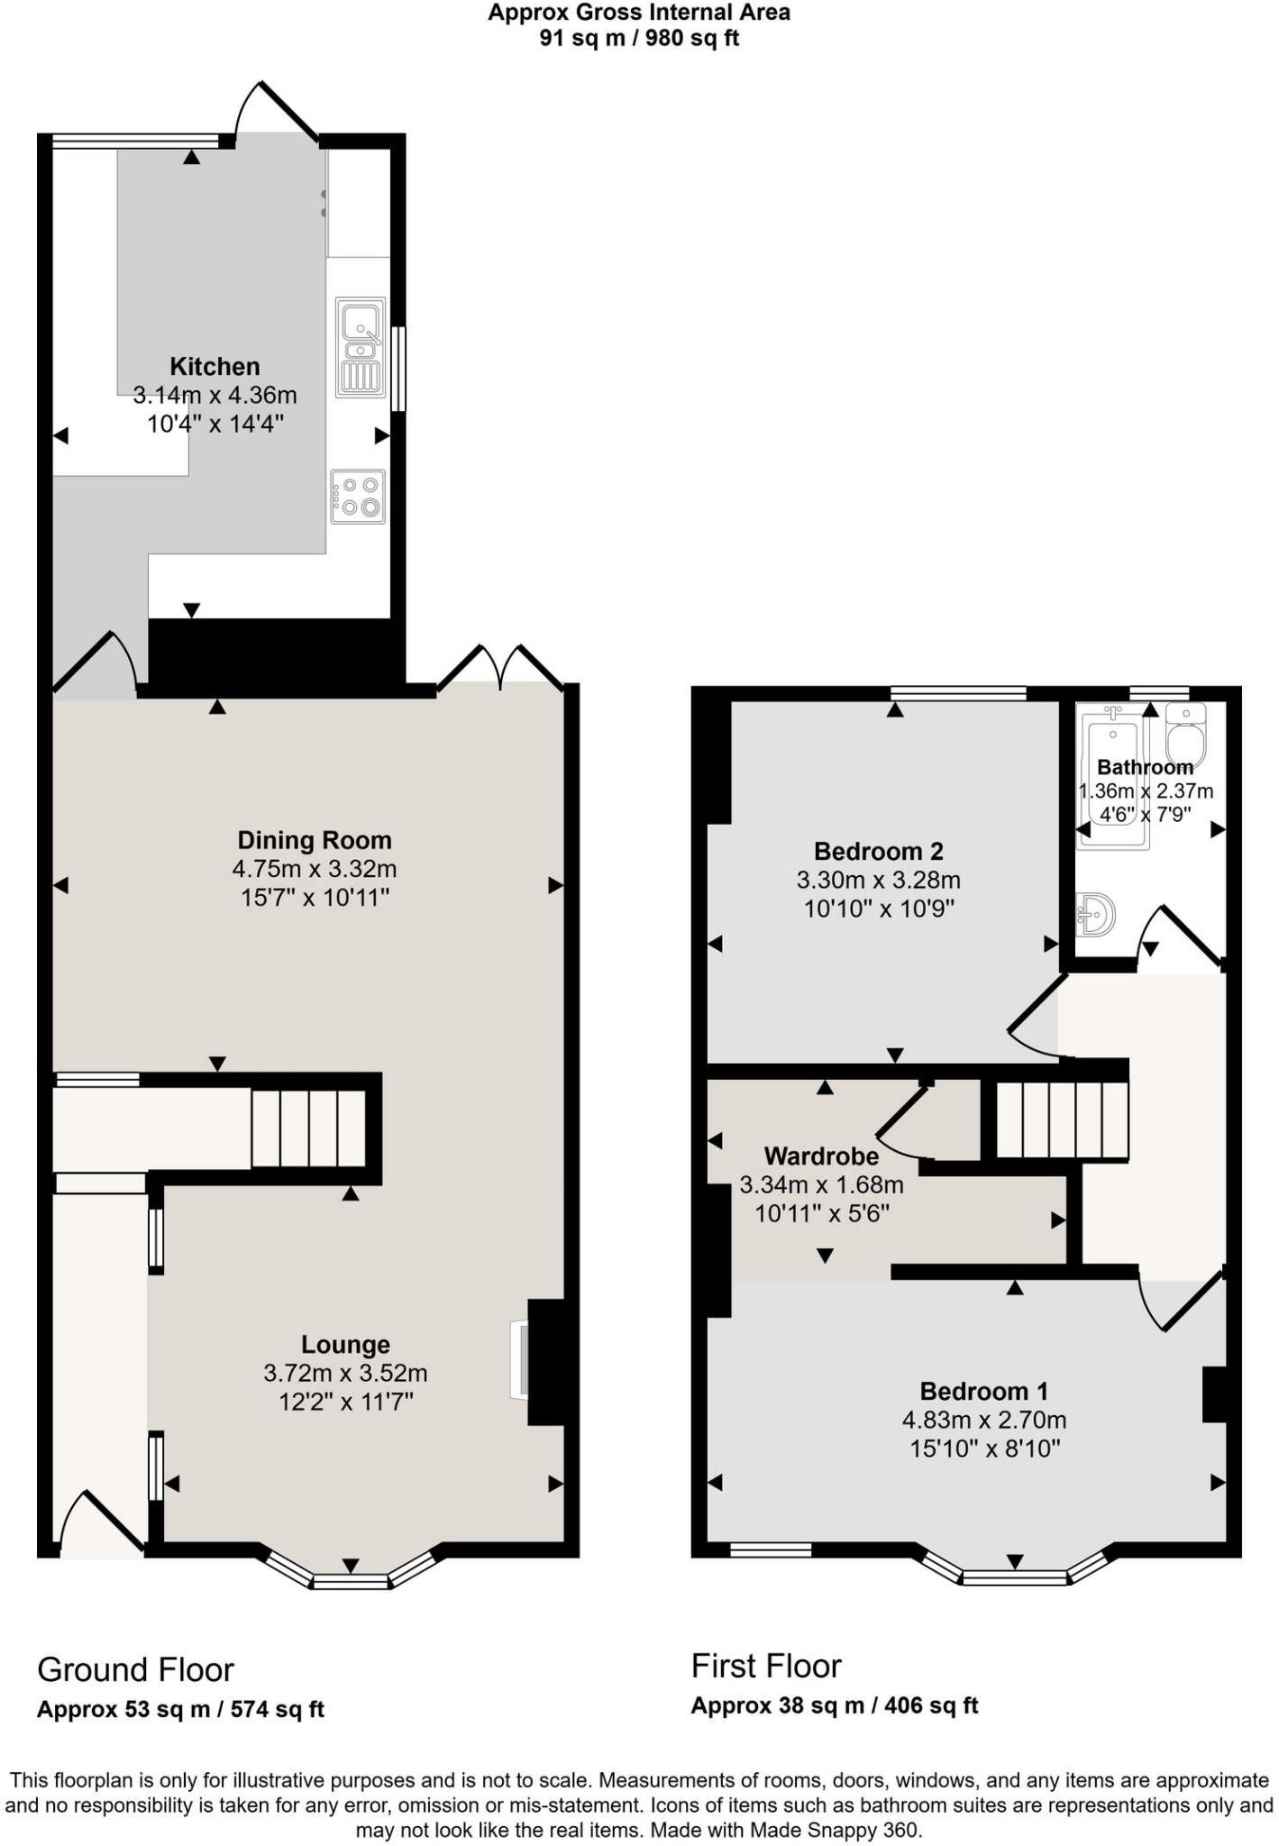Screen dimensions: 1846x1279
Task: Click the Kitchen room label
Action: click(215, 366)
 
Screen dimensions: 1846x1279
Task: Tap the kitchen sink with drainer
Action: click(361, 347)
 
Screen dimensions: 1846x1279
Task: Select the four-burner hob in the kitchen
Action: click(358, 496)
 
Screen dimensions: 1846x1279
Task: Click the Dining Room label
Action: click(314, 840)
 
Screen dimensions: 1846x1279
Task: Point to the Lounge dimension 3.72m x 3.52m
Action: click(345, 1373)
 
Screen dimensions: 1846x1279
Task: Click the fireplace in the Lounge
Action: click(521, 1360)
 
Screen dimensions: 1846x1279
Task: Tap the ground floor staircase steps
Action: click(308, 1129)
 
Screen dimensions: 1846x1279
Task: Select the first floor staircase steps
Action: click(1062, 1119)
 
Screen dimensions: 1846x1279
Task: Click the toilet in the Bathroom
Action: click(1185, 736)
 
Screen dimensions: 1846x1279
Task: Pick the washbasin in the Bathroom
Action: click(1096, 915)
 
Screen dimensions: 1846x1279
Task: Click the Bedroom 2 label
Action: click(878, 851)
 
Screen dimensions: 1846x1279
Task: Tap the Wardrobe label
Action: click(821, 1156)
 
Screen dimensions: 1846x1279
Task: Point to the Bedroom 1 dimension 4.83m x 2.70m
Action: click(984, 1420)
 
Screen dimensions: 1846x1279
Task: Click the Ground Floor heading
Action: click(135, 1669)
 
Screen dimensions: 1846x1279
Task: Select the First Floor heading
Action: click(766, 1666)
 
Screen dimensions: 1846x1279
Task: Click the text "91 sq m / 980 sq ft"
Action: click(639, 38)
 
